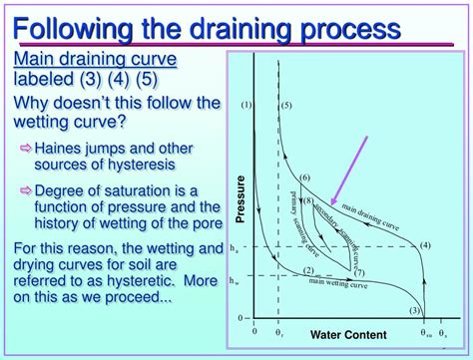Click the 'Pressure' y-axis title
pyautogui.click(x=239, y=198)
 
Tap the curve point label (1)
pyautogui.click(x=246, y=104)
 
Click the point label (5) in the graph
pyautogui.click(x=285, y=104)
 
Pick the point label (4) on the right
pyautogui.click(x=424, y=245)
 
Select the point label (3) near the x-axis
pyautogui.click(x=418, y=311)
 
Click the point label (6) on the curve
pyautogui.click(x=305, y=177)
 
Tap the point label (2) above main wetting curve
pyautogui.click(x=308, y=271)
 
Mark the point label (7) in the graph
pyautogui.click(x=359, y=272)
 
